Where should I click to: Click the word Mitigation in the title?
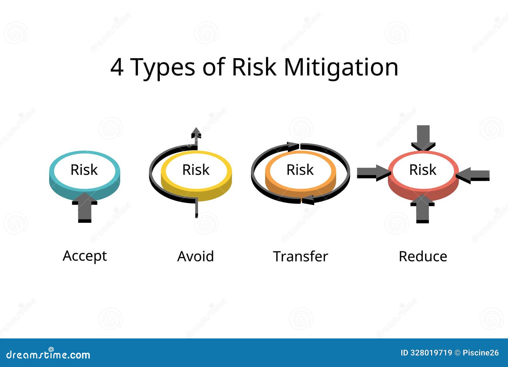[341, 67]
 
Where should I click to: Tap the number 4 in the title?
[117, 67]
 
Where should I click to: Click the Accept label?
[84, 257]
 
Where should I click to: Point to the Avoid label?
[195, 256]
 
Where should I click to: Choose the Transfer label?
[300, 256]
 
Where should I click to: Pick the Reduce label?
[423, 256]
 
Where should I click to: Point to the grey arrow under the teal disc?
[84, 208]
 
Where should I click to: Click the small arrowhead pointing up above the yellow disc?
[196, 133]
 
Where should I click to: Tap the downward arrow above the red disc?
[423, 138]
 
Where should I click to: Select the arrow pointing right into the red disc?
[374, 173]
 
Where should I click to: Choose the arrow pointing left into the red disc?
[473, 175]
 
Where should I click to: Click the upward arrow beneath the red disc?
[423, 209]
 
